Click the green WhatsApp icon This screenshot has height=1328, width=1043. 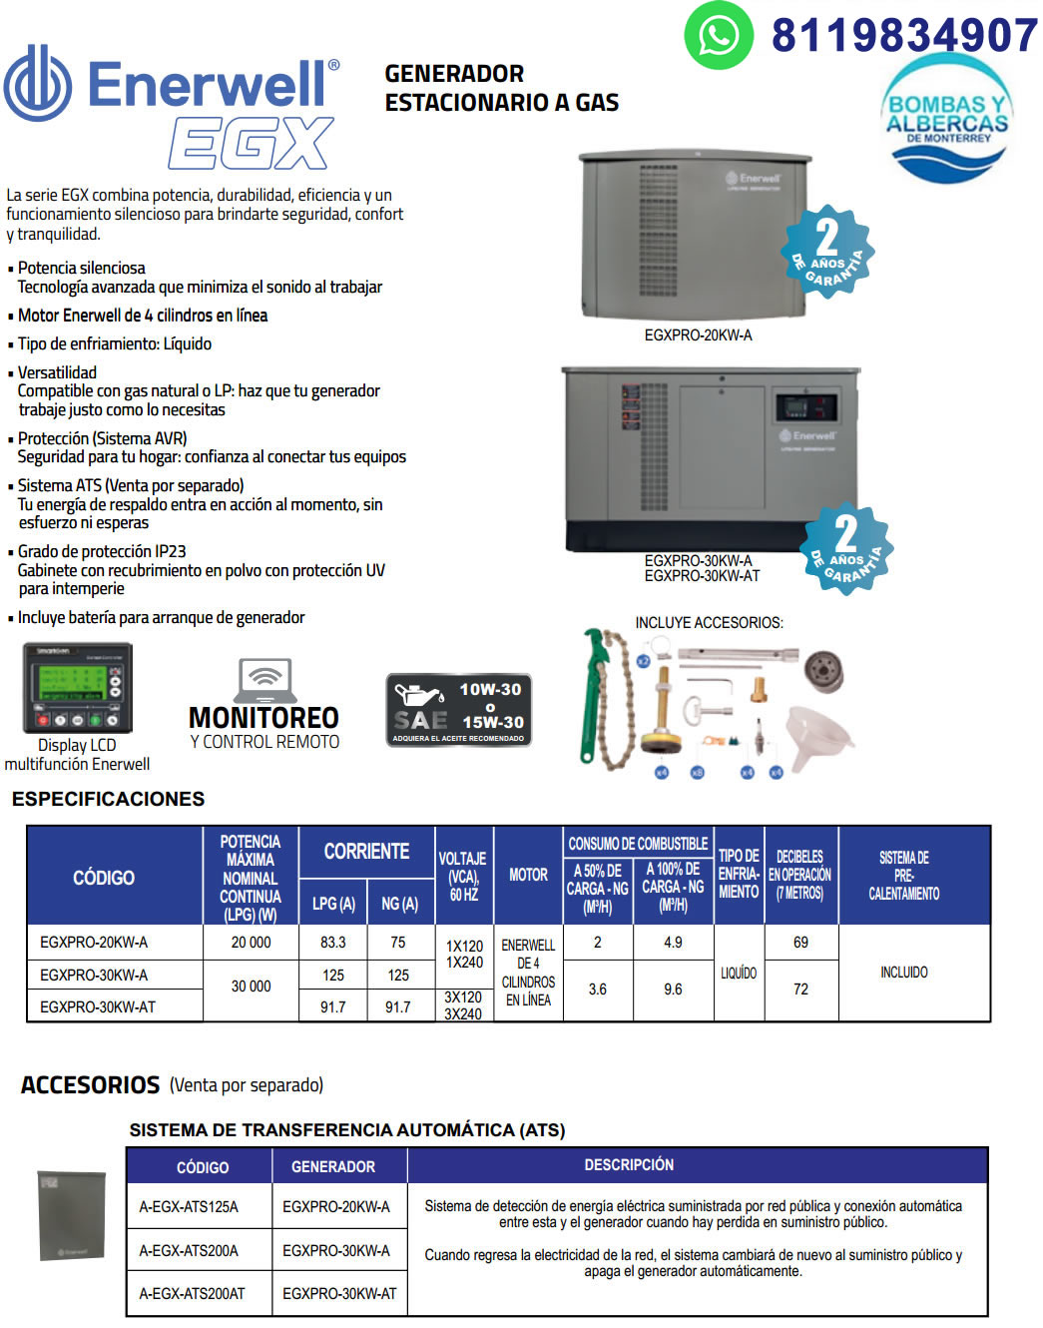pyautogui.click(x=718, y=36)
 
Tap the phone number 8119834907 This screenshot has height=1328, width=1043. pyautogui.click(x=904, y=36)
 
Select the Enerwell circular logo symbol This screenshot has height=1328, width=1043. pyautogui.click(x=38, y=84)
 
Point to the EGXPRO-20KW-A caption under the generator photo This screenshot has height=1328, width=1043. pyautogui.click(x=698, y=335)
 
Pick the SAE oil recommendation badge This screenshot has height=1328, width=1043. pyautogui.click(x=458, y=710)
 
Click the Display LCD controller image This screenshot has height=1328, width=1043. pyautogui.click(x=78, y=689)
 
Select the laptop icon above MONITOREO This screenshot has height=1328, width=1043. pyautogui.click(x=264, y=680)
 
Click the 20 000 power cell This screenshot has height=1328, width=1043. pyautogui.click(x=251, y=943)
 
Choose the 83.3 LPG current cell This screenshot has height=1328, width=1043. pyautogui.click(x=333, y=943)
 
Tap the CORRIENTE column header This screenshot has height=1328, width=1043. pyautogui.click(x=366, y=852)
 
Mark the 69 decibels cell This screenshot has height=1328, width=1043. pyautogui.click(x=800, y=943)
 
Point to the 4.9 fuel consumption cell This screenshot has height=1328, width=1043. pyautogui.click(x=673, y=943)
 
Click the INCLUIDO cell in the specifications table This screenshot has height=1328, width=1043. pyautogui.click(x=903, y=973)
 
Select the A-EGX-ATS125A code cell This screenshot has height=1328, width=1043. pyautogui.click(x=189, y=1207)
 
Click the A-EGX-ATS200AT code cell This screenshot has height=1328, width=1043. pyautogui.click(x=192, y=1294)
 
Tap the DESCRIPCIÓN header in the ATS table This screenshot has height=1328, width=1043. pyautogui.click(x=629, y=1165)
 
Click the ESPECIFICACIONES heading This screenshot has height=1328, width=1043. pyautogui.click(x=108, y=799)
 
